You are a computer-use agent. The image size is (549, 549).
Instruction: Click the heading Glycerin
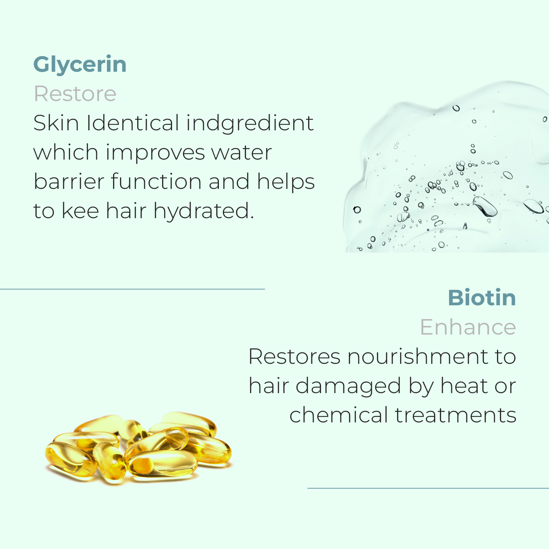tap(80, 65)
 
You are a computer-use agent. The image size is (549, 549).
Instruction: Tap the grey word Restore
tap(75, 94)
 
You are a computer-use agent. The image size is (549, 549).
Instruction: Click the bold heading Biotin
tap(482, 298)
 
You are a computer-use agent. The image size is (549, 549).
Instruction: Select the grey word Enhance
tap(468, 327)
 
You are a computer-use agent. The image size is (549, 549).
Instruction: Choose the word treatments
tap(455, 415)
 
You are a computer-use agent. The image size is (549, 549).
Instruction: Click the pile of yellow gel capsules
tap(138, 448)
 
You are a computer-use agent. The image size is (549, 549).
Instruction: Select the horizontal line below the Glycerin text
tap(132, 289)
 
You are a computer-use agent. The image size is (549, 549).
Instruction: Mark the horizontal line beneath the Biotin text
tap(428, 488)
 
